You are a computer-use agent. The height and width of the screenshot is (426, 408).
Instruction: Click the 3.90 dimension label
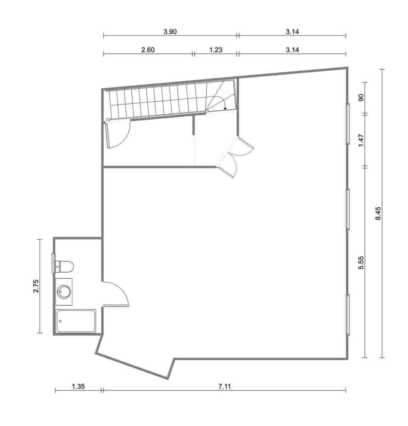click(170, 32)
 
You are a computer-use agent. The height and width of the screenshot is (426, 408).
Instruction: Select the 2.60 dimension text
click(148, 50)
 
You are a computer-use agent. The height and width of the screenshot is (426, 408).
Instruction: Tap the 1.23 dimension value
click(215, 50)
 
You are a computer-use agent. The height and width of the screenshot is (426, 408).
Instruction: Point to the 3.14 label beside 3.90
click(292, 32)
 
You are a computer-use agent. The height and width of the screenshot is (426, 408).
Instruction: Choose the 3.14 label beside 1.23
click(292, 50)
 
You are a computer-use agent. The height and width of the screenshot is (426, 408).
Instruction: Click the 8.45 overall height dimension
click(378, 213)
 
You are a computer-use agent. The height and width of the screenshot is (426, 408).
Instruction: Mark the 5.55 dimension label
click(362, 262)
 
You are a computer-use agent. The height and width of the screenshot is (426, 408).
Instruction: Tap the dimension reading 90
click(362, 98)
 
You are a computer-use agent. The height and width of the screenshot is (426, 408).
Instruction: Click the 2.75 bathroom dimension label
click(36, 286)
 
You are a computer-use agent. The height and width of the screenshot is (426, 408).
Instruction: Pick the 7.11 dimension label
click(224, 387)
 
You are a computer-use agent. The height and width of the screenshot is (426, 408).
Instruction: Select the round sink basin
click(64, 292)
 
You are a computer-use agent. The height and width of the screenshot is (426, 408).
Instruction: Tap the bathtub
click(76, 321)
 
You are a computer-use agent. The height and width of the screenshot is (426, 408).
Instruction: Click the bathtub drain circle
click(60, 321)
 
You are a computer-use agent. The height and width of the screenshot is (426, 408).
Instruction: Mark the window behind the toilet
click(53, 263)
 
